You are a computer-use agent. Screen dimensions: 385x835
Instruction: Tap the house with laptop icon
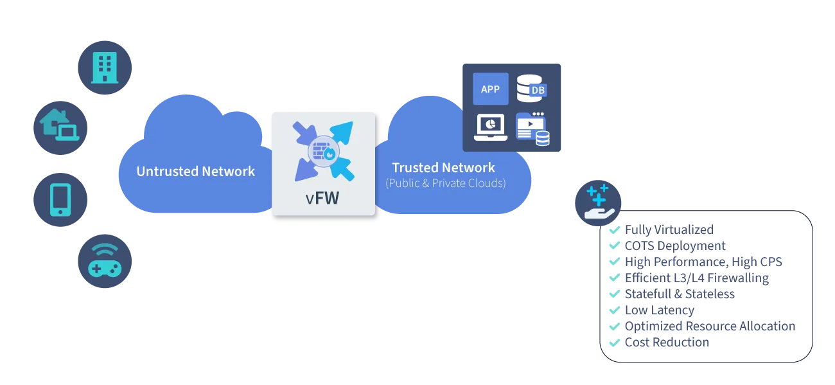(60, 125)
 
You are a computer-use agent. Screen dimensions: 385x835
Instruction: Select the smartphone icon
(60, 199)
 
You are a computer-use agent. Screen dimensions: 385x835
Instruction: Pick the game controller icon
(105, 260)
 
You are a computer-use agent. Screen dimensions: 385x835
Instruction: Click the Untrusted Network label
(195, 172)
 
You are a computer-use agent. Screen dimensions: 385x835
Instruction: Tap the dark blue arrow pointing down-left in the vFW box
(304, 168)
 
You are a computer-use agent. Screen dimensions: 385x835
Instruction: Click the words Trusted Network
(443, 168)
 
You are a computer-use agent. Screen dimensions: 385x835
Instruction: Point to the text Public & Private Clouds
(445, 183)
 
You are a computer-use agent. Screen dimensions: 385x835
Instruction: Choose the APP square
(490, 89)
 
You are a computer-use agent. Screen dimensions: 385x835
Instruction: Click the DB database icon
(531, 89)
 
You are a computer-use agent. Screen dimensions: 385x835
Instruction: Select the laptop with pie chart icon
(490, 127)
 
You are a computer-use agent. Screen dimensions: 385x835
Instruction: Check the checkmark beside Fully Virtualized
(613, 229)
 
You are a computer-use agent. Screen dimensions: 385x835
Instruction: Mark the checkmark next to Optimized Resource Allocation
(613, 327)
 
